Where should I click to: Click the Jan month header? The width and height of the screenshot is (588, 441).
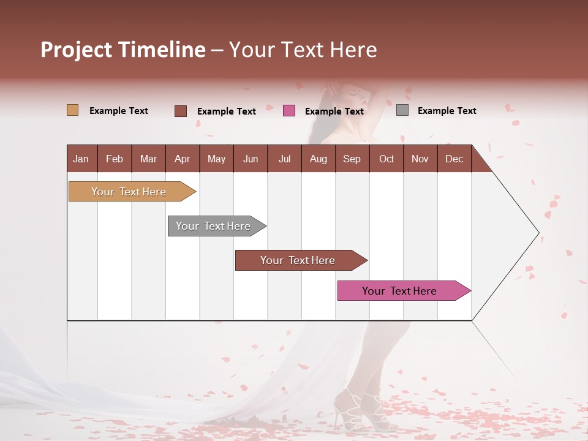(x=81, y=159)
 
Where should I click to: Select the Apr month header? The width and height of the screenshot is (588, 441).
(x=182, y=159)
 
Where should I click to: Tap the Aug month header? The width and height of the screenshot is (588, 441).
(x=318, y=159)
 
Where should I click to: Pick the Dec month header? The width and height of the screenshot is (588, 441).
(x=454, y=159)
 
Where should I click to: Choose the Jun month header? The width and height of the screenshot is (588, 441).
(x=250, y=159)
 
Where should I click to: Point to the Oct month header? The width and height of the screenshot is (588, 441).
(x=386, y=159)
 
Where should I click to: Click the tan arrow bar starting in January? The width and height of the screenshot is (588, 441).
(x=129, y=192)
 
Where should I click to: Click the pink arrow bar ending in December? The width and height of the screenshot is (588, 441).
(x=399, y=291)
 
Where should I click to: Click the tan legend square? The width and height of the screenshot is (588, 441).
(x=72, y=110)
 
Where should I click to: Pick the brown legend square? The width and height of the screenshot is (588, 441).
(x=180, y=111)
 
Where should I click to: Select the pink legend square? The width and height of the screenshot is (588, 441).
(x=289, y=111)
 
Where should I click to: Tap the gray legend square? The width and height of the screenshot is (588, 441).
(x=402, y=110)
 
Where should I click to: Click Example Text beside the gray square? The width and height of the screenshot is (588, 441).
(x=447, y=111)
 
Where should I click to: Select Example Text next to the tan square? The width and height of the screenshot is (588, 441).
(x=118, y=111)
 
